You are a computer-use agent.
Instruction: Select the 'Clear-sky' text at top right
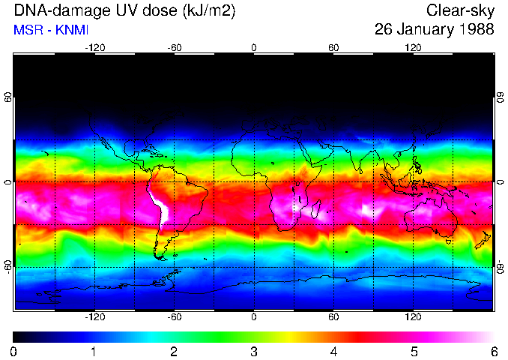pos(460,10)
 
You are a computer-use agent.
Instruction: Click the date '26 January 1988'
pos(434,30)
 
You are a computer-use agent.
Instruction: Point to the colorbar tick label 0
pos(14,351)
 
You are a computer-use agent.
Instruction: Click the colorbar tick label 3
pos(253,351)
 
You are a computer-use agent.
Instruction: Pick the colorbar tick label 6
pos(493,351)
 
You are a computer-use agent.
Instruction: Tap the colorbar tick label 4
pos(333,351)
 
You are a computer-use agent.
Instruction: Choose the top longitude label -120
pos(94,47)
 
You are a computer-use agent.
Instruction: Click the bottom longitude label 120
pos(413,316)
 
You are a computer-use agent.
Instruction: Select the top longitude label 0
pos(254,47)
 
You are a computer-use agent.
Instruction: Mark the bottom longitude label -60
pos(175,316)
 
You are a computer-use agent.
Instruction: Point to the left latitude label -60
pos(8,266)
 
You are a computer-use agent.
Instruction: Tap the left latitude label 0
pos(8,182)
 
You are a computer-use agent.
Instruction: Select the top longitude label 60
pos(333,47)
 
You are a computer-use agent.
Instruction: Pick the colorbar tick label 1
pos(94,351)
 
